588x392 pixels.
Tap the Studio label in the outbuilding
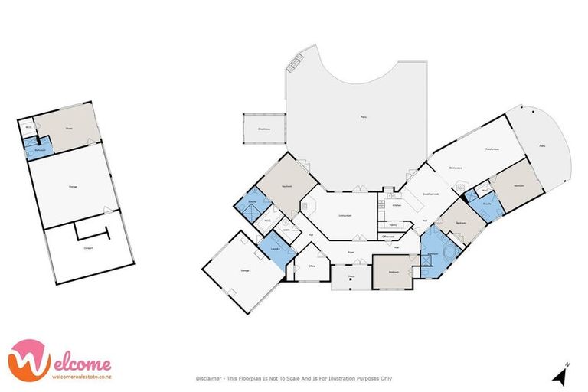point(68,129)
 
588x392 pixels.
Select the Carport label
point(89,247)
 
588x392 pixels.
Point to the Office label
point(312,266)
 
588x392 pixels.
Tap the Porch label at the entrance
point(351,277)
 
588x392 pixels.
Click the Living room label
point(345,216)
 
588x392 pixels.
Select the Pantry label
point(393,225)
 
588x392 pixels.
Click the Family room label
point(492,149)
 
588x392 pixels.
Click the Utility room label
point(286,229)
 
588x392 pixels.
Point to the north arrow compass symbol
point(561,374)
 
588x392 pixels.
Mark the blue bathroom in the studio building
point(38,149)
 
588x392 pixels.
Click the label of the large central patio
point(363,117)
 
